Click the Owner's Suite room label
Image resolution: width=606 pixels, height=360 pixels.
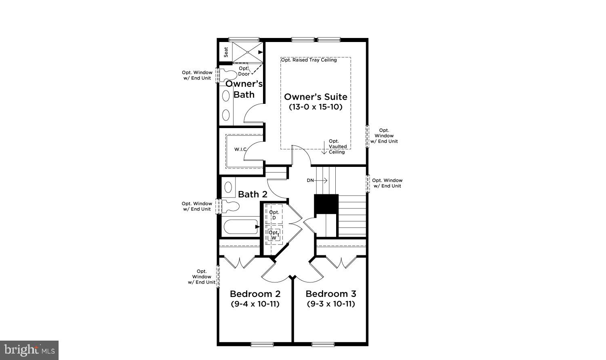[316, 97]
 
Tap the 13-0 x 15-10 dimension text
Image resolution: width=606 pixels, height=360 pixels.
[316, 107]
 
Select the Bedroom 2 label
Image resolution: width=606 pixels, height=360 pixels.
[255, 294]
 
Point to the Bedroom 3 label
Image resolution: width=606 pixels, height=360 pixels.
[330, 294]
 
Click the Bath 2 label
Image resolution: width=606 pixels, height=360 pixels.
[253, 194]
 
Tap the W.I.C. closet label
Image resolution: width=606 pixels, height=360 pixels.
[240, 149]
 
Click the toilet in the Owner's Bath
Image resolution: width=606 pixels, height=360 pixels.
[228, 75]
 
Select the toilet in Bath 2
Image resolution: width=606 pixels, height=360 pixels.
[230, 206]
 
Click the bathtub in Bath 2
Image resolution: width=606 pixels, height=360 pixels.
[240, 227]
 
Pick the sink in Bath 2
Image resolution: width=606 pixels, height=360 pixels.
[228, 187]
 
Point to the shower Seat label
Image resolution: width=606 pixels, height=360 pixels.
[226, 52]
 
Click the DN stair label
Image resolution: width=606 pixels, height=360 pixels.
[310, 181]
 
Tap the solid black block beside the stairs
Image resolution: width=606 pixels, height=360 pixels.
[326, 204]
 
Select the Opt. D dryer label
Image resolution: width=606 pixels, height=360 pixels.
[274, 215]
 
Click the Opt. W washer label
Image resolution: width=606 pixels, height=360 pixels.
[274, 235]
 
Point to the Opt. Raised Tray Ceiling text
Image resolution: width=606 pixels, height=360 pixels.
[309, 60]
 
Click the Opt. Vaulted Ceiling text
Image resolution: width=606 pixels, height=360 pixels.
[337, 147]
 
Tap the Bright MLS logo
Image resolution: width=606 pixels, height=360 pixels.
[29, 350]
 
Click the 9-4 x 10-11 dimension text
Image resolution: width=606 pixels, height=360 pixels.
[255, 304]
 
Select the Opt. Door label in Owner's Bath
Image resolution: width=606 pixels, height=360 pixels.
[244, 71]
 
